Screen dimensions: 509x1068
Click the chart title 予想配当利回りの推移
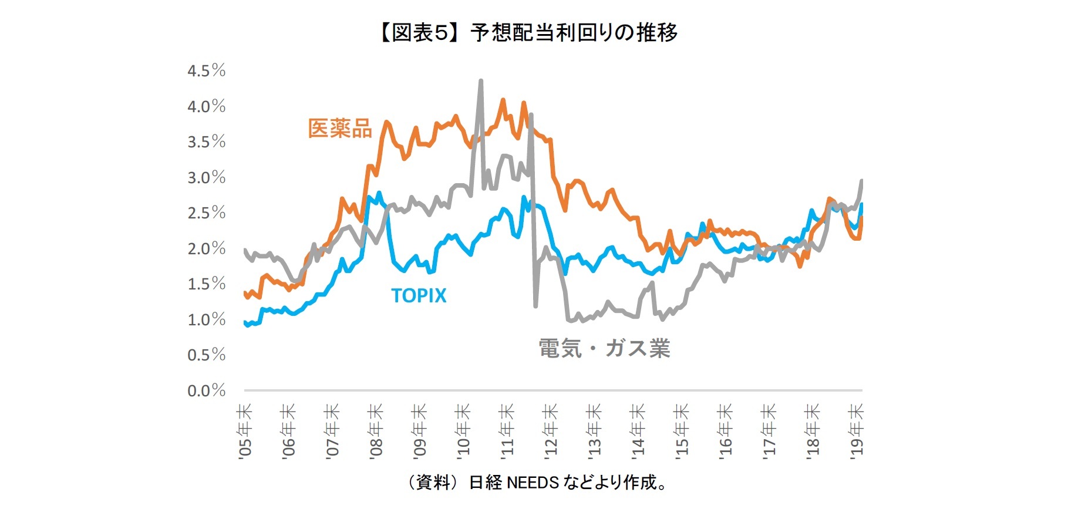[x=574, y=32]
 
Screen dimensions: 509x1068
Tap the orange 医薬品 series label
[x=340, y=129]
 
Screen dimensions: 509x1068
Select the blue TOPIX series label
[x=419, y=295]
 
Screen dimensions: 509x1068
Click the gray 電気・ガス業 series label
[x=604, y=349]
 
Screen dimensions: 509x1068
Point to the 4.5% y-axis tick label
[x=206, y=71]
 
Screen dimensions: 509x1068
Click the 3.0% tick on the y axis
[x=206, y=177]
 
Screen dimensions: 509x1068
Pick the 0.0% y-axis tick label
[x=206, y=390]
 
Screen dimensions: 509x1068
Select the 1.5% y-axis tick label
[x=206, y=284]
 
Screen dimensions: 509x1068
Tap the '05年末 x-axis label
[x=245, y=430]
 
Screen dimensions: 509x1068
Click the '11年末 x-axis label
[x=507, y=430]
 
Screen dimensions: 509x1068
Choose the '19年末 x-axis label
[x=857, y=430]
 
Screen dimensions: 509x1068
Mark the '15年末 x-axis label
[x=681, y=430]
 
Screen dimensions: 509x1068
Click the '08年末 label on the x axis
[x=376, y=430]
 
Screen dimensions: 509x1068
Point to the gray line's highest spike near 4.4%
[x=481, y=81]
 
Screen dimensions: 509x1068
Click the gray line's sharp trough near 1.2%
[x=535, y=305]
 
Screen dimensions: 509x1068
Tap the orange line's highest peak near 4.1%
[x=503, y=100]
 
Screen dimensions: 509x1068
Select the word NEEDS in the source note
[x=532, y=483]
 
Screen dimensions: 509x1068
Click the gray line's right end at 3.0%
[x=861, y=181]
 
